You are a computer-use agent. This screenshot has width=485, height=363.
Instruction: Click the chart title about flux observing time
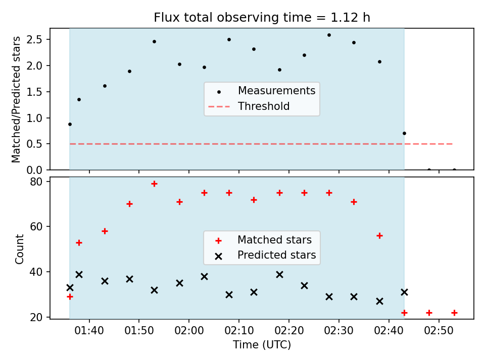(x=262, y=17)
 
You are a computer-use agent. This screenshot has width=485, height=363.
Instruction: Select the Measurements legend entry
(x=261, y=91)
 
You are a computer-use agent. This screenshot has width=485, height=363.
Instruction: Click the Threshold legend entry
(x=249, y=106)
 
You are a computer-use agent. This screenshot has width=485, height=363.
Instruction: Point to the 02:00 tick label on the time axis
(x=189, y=331)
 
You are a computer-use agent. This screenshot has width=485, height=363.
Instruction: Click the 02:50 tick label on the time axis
(x=439, y=331)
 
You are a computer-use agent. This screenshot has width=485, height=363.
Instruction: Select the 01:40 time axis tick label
(x=89, y=331)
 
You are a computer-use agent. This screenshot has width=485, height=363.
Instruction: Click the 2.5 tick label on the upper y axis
(x=34, y=39)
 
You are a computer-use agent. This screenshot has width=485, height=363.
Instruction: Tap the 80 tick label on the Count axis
(x=36, y=181)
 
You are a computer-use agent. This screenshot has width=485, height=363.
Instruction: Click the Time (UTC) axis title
(x=262, y=344)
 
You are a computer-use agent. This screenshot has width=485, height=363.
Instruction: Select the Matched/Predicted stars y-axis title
(x=16, y=99)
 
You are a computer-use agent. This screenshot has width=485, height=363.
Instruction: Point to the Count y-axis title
(x=19, y=249)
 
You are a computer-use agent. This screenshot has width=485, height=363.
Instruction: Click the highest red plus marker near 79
(x=155, y=184)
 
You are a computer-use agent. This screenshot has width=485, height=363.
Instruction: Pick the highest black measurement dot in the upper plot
(x=329, y=35)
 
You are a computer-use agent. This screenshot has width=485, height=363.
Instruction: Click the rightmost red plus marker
(x=454, y=313)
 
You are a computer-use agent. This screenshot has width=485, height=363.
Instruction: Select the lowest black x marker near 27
(x=380, y=301)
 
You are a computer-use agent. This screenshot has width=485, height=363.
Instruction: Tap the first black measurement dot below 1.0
(x=70, y=125)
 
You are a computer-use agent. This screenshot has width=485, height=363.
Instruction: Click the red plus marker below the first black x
(x=70, y=296)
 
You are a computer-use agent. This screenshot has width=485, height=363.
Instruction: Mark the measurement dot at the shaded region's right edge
(x=404, y=133)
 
